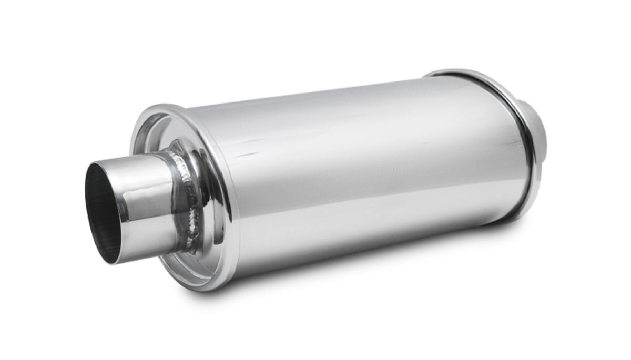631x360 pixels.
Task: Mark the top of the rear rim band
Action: [x=452, y=71]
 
